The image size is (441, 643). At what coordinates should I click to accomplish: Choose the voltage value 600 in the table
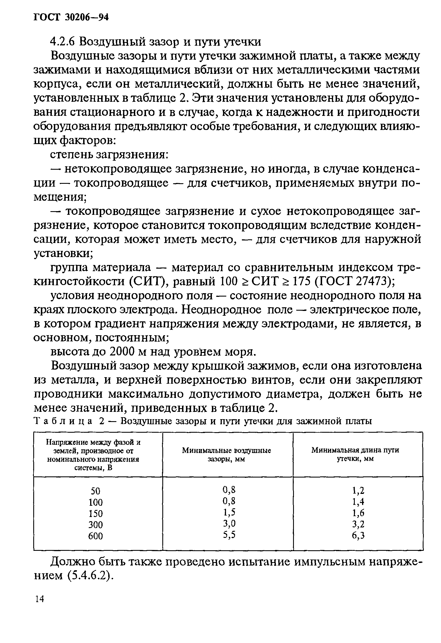click(96, 536)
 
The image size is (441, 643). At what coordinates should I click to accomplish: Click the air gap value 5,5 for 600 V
click(229, 535)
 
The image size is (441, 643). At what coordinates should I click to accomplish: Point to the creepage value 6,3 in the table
click(358, 535)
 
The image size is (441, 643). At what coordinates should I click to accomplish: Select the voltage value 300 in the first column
click(96, 525)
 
